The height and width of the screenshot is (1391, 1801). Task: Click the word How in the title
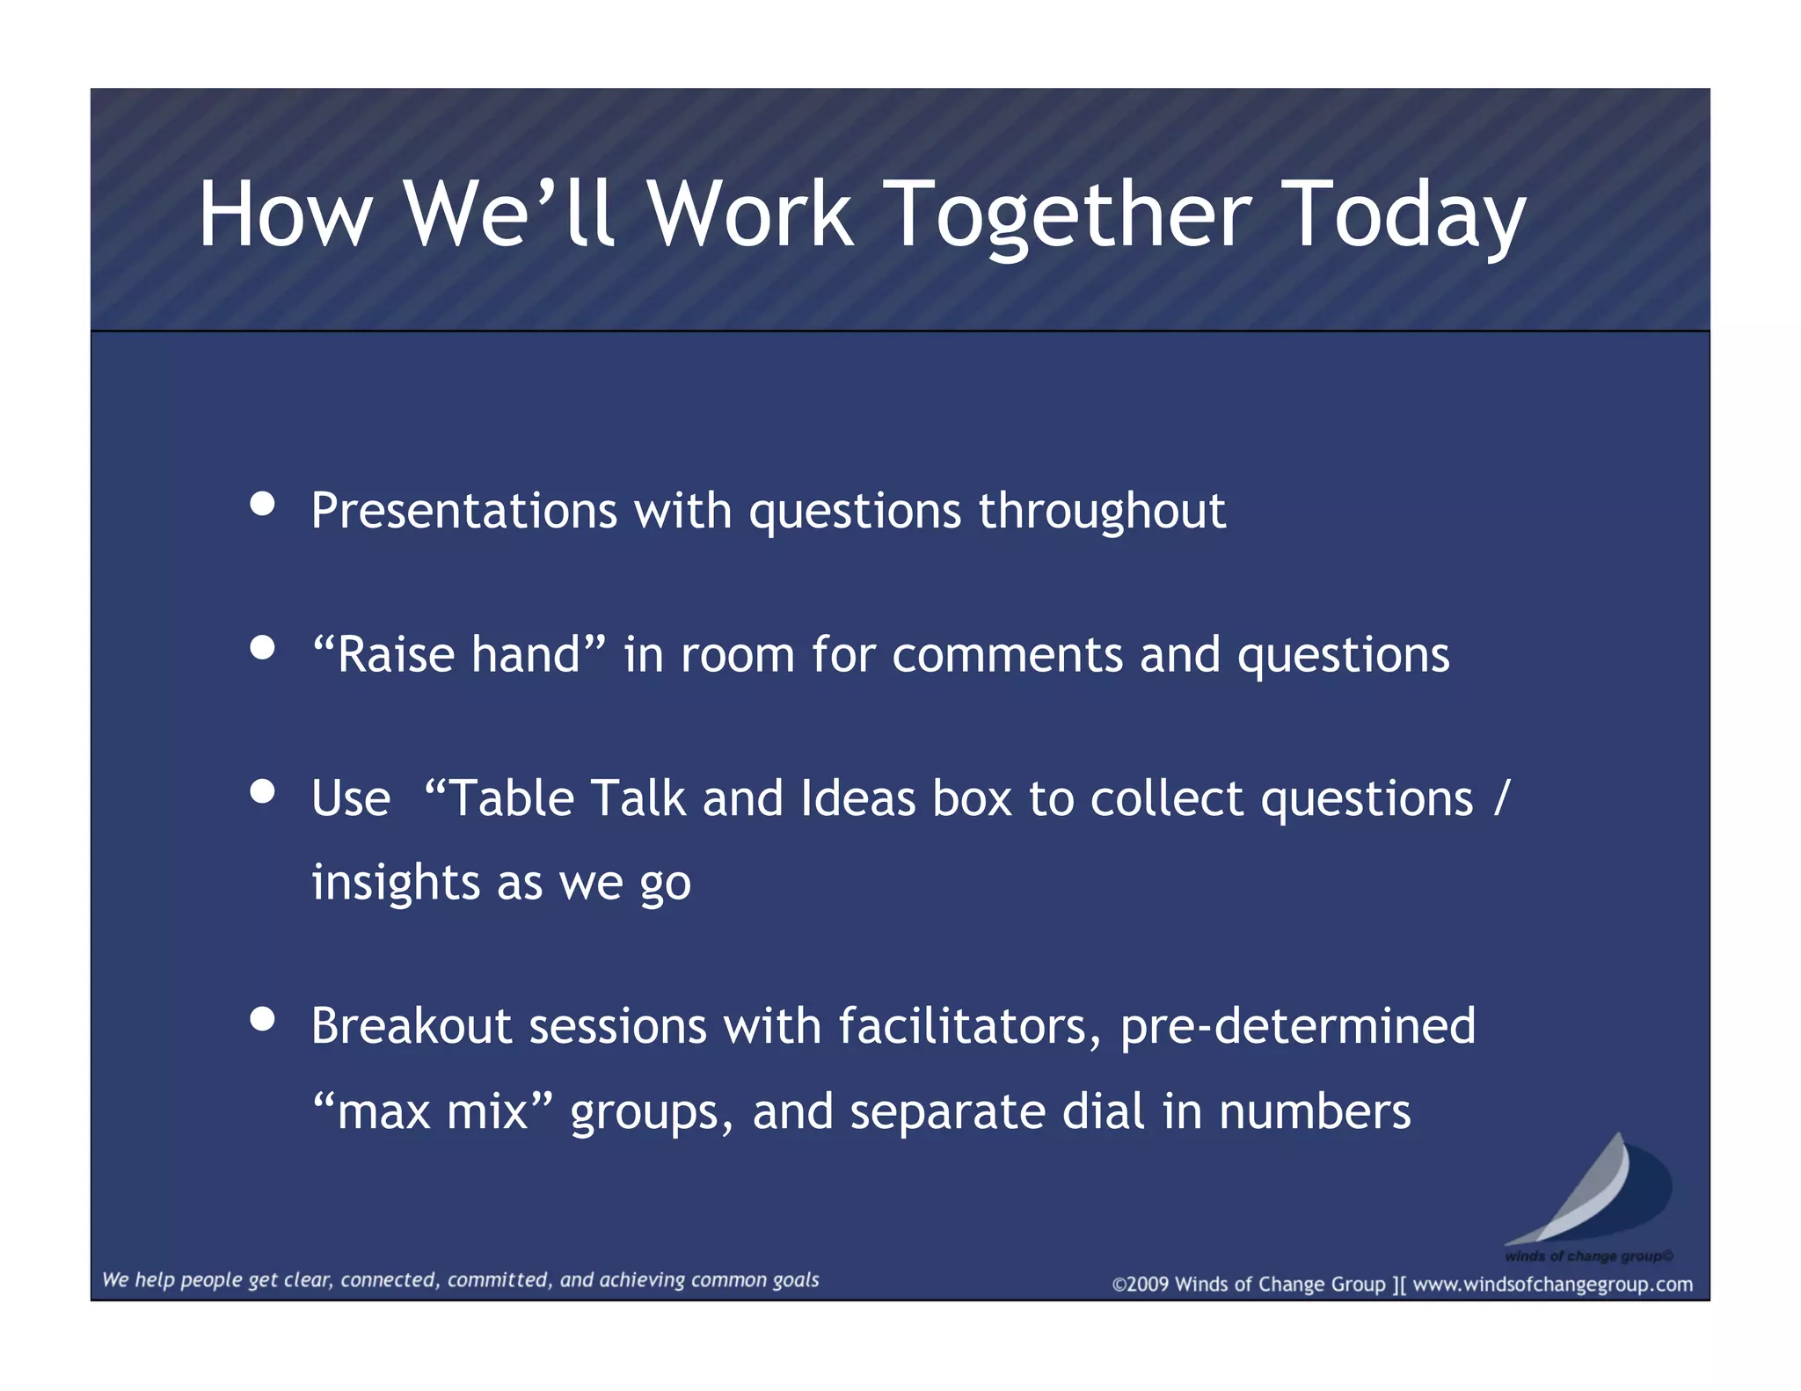click(285, 215)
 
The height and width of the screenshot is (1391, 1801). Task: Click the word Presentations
click(464, 511)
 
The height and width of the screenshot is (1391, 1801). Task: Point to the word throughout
click(1102, 511)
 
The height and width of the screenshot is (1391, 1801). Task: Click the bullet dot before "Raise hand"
click(262, 648)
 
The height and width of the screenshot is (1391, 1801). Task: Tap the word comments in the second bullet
click(1007, 655)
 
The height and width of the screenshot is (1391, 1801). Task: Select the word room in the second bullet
click(737, 655)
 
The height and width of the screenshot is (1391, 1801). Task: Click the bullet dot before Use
click(262, 791)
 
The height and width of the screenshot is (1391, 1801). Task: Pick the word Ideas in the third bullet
click(857, 798)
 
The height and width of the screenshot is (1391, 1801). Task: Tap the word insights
click(396, 882)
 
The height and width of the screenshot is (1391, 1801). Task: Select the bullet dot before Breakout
click(262, 1019)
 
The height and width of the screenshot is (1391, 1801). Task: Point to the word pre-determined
click(1297, 1026)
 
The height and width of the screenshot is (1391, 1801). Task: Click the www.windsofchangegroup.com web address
click(1552, 1285)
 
